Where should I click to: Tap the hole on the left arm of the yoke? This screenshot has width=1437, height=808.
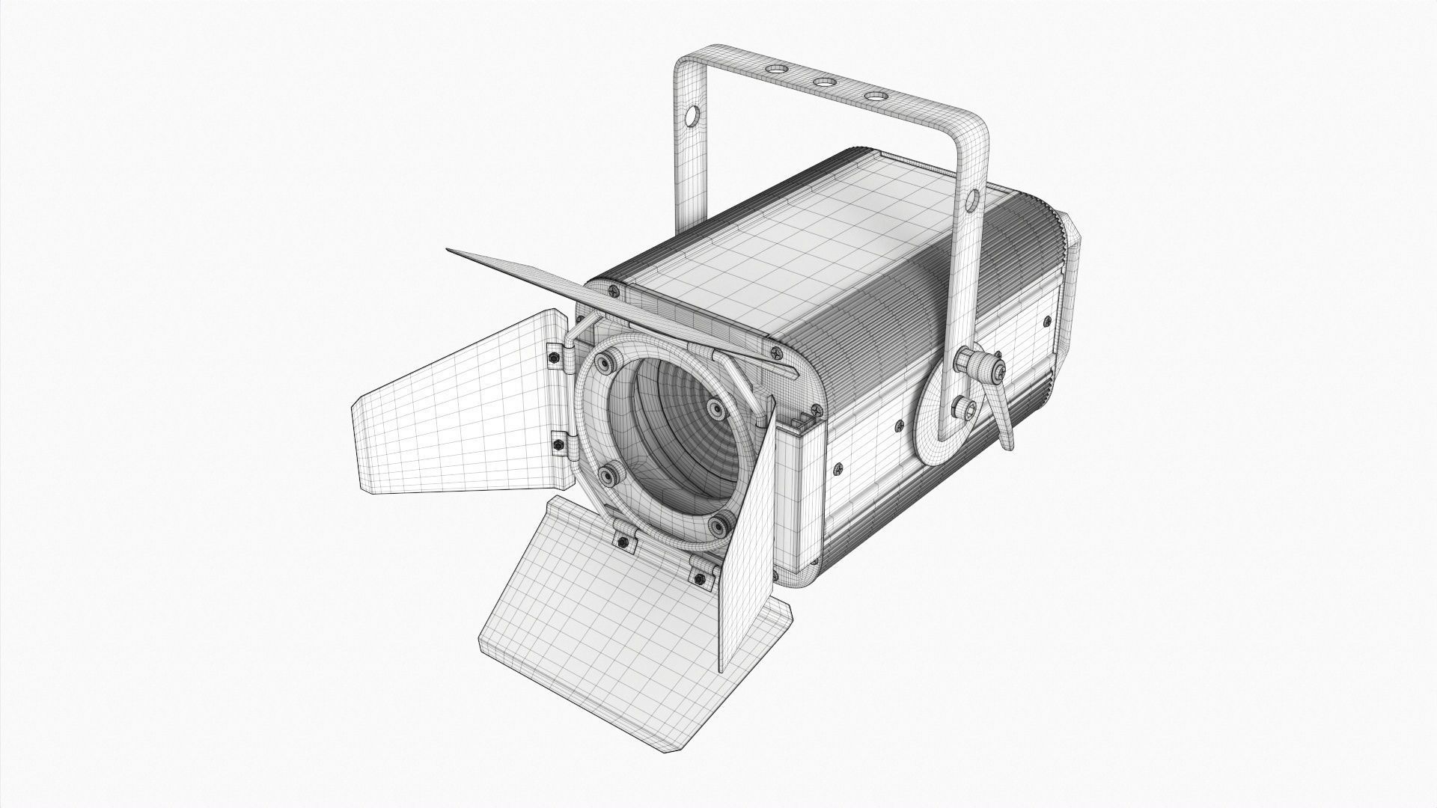pyautogui.click(x=692, y=117)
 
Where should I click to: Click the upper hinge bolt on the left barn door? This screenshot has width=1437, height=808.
pyautogui.click(x=552, y=358)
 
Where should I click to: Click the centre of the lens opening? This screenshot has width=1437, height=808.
pyautogui.click(x=662, y=449)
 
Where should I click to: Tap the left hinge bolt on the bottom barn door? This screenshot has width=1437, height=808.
pyautogui.click(x=621, y=539)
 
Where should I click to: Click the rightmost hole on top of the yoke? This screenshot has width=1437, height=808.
pyautogui.click(x=873, y=97)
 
